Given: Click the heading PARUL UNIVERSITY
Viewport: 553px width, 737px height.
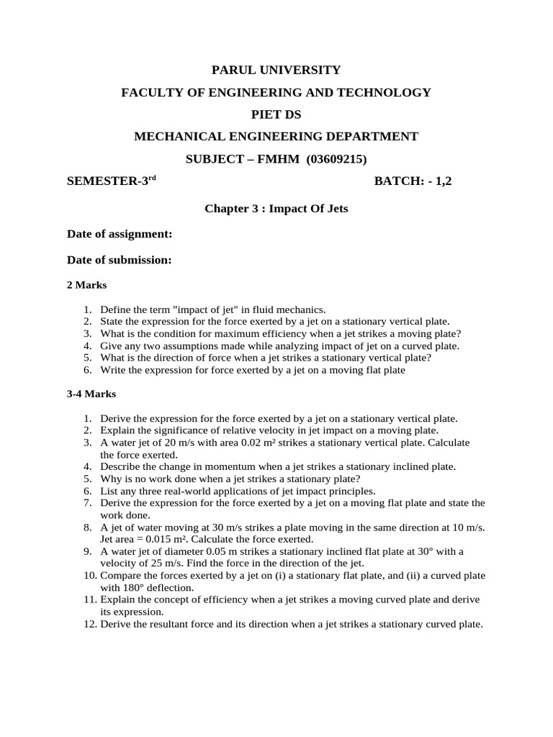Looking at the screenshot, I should tap(276, 70).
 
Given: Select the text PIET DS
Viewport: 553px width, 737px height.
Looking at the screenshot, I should tap(276, 114).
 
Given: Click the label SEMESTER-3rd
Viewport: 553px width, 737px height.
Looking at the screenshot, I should tap(111, 182).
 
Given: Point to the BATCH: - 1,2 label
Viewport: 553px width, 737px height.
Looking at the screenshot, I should tap(413, 182).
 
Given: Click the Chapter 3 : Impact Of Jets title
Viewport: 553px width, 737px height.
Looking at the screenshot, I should tap(276, 209).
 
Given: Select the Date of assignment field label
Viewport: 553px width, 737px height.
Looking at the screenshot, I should tap(120, 235).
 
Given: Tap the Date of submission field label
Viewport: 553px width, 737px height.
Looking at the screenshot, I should tap(120, 260).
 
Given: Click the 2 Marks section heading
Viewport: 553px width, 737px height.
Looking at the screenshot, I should tap(86, 285).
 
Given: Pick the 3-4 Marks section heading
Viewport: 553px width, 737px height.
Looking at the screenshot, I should tap(91, 394).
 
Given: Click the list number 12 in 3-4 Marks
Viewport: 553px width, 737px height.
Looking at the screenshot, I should tap(90, 625).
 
